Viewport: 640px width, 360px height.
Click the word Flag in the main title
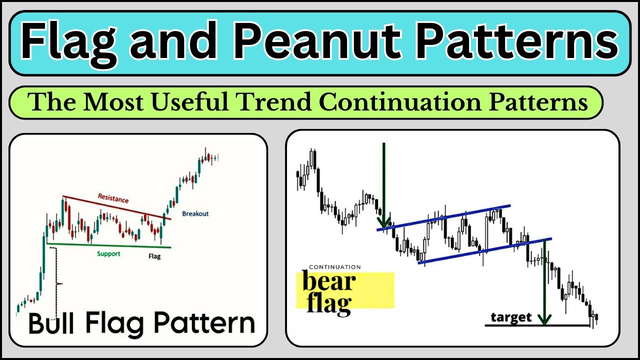pyautogui.click(x=69, y=42)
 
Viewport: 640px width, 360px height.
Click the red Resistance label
pyautogui.click(x=113, y=198)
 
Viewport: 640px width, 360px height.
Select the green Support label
pyautogui.click(x=108, y=254)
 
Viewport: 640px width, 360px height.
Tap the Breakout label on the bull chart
pyautogui.click(x=195, y=213)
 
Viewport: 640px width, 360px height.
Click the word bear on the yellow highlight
pyautogui.click(x=329, y=281)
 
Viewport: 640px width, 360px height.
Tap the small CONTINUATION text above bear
pyautogui.click(x=334, y=267)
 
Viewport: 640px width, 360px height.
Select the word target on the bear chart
pyautogui.click(x=511, y=317)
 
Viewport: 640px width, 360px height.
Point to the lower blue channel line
pyautogui.click(x=485, y=250)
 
